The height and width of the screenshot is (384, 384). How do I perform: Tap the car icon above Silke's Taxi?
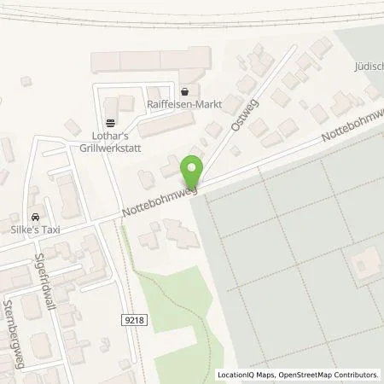click(34, 218)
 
